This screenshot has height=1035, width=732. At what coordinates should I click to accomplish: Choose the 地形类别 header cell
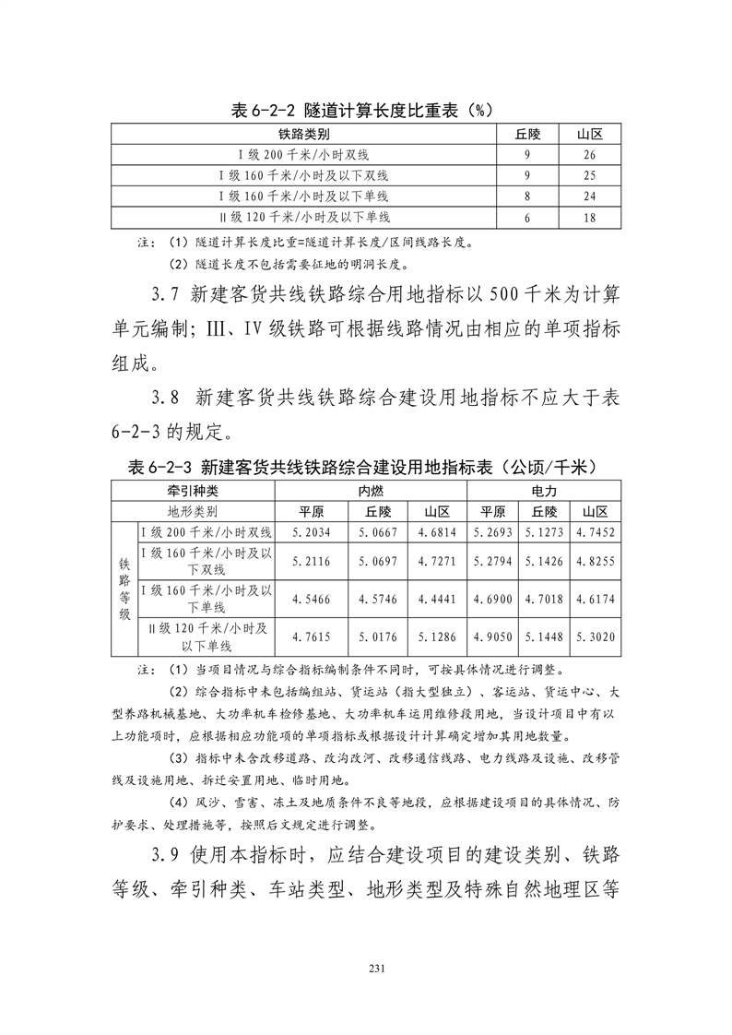193,512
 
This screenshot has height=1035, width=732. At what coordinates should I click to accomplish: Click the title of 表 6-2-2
364,110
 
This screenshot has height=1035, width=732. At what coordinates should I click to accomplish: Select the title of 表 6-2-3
364,468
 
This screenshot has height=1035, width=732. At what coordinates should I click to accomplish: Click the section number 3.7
169,296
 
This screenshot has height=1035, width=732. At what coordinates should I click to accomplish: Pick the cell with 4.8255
595,561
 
